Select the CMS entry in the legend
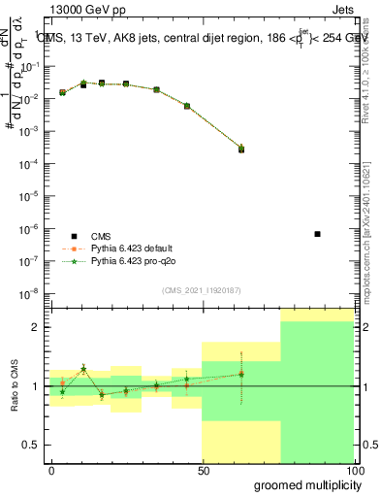point(101,235)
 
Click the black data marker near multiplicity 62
point(241,149)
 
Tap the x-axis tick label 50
point(203,470)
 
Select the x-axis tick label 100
point(354,470)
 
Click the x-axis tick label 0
point(51,470)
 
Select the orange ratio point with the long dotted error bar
point(241,374)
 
